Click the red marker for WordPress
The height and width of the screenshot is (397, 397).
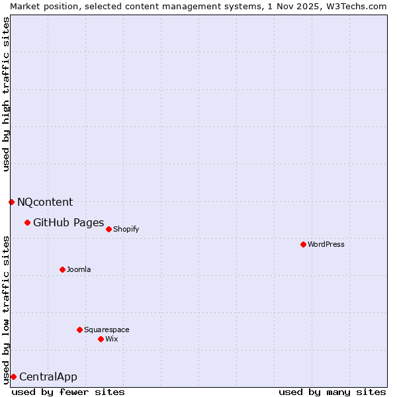303,244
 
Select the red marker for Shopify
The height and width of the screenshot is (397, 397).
109,229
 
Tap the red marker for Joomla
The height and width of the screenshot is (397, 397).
62,269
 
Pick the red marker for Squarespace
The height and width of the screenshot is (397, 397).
79,330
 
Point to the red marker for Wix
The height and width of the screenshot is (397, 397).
101,339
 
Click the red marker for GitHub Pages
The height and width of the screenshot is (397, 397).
27,222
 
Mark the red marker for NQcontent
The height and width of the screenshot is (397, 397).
11,202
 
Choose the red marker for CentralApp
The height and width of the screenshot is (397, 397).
13,376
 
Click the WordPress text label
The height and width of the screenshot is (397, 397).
326,244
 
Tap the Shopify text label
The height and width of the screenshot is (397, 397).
126,229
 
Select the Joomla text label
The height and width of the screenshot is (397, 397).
79,269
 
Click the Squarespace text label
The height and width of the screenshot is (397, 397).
107,330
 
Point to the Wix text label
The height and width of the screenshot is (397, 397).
111,339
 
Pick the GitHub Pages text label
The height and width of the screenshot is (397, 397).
68,222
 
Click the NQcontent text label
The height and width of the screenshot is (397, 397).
45,202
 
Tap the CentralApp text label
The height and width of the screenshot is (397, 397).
48,376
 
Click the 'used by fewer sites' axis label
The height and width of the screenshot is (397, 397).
68,392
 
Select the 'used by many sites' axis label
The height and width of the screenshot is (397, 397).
332,392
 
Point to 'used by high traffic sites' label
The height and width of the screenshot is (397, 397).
6,94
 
